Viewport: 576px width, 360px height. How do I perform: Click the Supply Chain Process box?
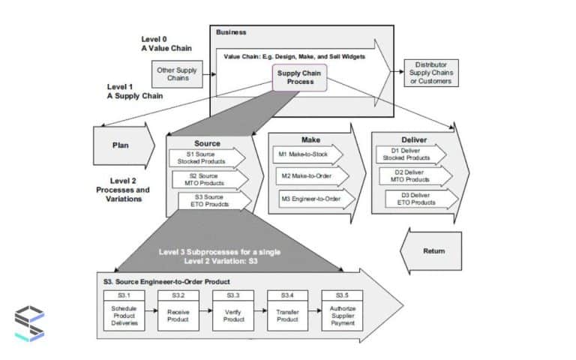point(299,77)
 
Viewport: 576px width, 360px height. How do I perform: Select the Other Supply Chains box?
point(178,73)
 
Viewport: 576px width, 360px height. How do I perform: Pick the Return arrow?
point(430,251)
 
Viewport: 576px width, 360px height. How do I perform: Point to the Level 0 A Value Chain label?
point(166,44)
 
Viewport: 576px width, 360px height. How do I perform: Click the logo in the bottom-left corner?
point(29,325)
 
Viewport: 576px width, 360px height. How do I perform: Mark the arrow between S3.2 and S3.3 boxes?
point(206,310)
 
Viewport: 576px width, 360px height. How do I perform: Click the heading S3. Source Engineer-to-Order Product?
point(166,281)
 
